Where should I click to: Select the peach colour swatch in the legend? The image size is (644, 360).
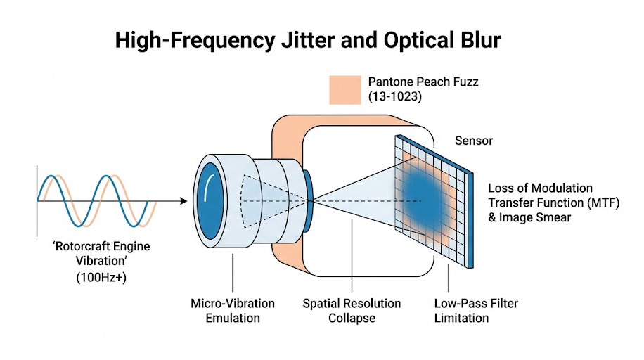[344, 89]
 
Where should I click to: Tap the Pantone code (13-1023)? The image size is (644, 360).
[395, 98]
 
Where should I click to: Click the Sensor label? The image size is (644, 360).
[474, 141]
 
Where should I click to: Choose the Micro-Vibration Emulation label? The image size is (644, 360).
[233, 310]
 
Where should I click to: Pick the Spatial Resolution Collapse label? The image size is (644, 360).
[352, 310]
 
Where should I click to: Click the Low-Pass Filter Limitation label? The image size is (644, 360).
[461, 310]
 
